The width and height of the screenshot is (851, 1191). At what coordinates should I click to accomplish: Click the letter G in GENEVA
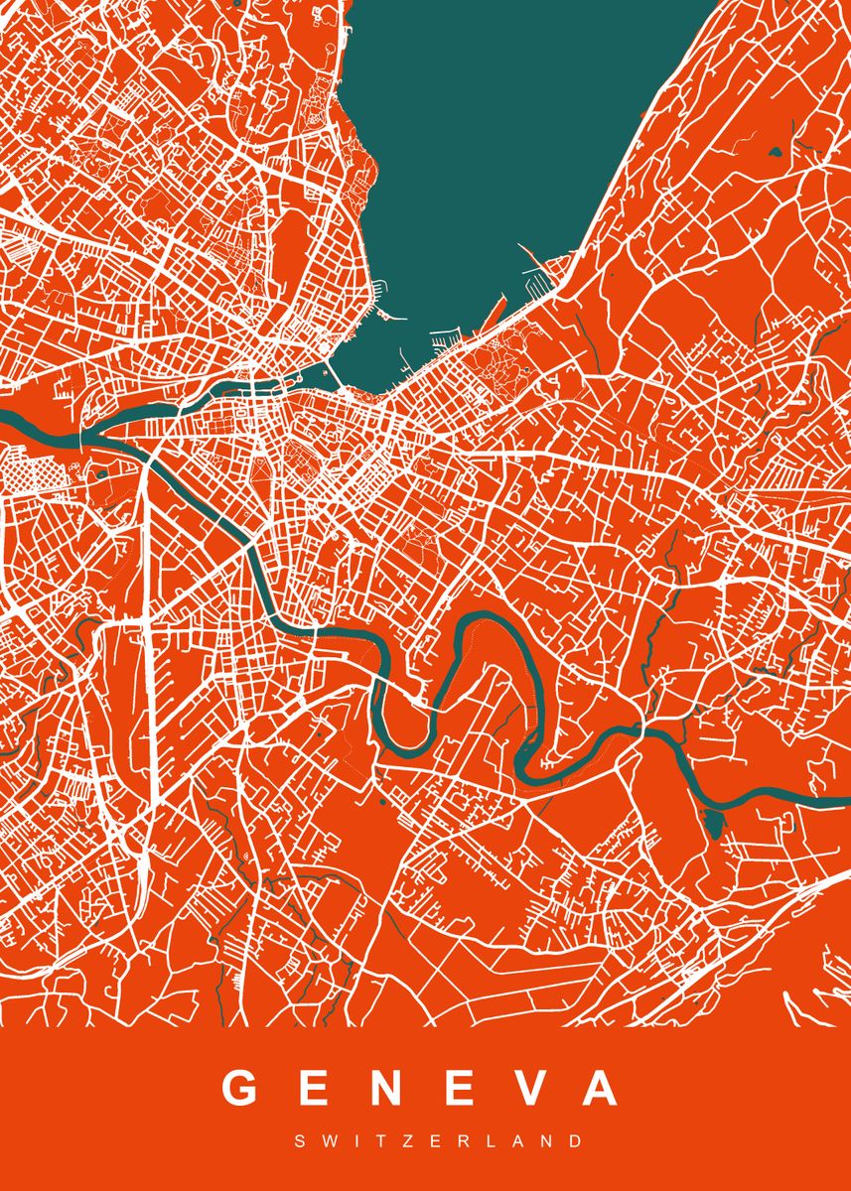click(x=241, y=1089)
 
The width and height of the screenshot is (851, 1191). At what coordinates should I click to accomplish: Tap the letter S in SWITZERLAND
click(x=300, y=1142)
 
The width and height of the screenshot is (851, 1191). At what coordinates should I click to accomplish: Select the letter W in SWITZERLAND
click(x=325, y=1142)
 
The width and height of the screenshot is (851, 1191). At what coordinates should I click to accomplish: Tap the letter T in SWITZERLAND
click(x=367, y=1142)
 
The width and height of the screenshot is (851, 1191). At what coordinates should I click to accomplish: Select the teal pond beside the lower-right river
click(x=712, y=823)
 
